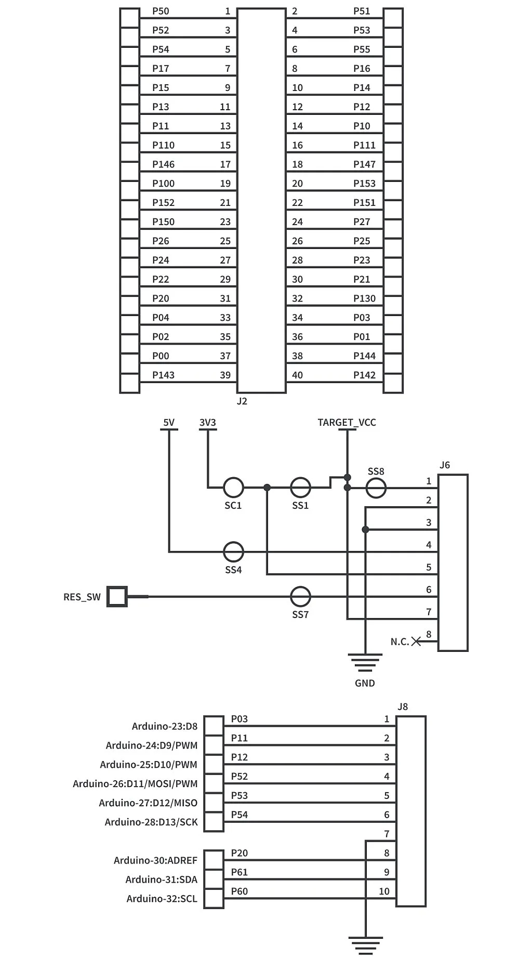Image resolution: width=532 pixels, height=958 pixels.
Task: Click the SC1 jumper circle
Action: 233,488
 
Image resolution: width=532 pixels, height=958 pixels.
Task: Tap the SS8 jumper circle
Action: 376,488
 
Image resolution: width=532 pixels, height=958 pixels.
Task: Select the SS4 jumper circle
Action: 233,552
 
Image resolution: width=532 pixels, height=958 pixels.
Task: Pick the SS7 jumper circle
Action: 300,597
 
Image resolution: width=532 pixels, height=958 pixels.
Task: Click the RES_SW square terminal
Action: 117,597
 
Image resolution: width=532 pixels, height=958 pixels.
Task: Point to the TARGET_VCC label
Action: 347,423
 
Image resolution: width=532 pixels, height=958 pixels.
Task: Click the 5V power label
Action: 169,423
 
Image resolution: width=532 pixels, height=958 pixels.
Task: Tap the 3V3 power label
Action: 207,423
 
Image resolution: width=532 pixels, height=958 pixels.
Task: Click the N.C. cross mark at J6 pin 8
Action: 416,641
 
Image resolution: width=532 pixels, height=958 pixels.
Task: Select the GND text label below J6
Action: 365,683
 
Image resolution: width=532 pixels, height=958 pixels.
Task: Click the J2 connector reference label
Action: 242,401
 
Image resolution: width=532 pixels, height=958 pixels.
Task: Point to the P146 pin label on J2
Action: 163,164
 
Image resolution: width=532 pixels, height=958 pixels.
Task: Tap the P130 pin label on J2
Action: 364,298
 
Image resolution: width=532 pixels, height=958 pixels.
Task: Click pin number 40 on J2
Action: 297,375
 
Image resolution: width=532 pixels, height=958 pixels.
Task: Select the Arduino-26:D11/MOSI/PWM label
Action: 135,783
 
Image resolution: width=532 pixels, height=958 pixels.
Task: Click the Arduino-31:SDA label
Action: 161,880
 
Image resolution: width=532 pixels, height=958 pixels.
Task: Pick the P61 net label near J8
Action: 239,872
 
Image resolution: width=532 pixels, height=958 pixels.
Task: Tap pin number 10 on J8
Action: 384,891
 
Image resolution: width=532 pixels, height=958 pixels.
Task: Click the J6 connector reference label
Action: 445,465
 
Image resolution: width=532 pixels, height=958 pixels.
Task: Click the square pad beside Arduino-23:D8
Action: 214,726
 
